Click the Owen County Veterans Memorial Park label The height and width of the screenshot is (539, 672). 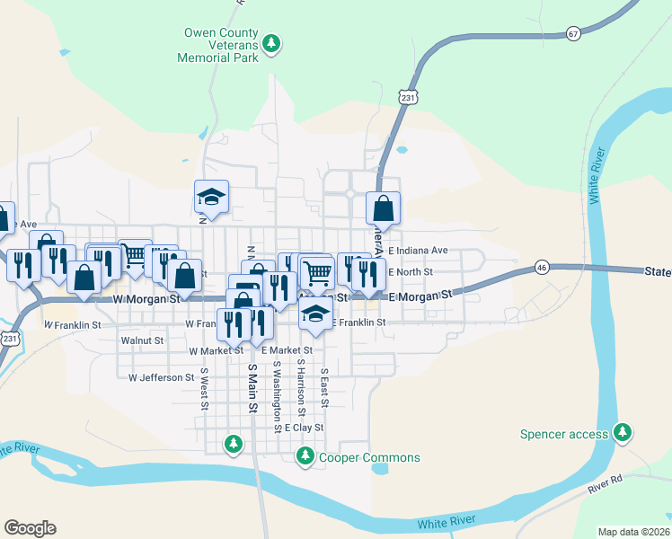point(221,44)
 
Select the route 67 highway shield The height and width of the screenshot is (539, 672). point(574,33)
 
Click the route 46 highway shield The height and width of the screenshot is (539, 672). point(541,267)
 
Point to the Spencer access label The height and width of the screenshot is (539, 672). point(564,435)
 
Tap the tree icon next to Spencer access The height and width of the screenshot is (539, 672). point(622,434)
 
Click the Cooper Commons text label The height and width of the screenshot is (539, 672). point(369,458)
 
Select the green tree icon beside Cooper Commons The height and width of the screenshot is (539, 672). point(305,458)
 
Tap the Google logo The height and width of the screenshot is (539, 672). point(30,528)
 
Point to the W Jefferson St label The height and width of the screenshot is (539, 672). point(162,378)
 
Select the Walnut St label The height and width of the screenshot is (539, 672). point(142,341)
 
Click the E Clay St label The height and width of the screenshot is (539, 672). point(304,428)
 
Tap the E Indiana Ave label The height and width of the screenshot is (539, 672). point(418,251)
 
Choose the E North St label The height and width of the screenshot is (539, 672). point(411,272)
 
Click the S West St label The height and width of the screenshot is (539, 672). point(205,388)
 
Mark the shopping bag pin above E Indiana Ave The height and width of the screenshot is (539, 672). point(384,208)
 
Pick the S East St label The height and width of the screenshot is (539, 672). point(323,388)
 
